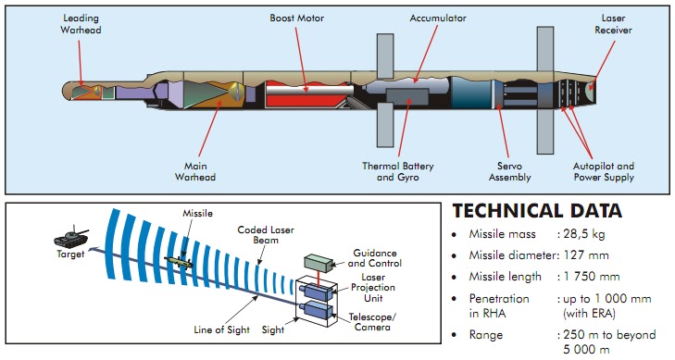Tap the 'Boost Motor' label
295,18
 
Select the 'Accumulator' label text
437,18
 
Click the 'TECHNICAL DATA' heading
537,210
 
